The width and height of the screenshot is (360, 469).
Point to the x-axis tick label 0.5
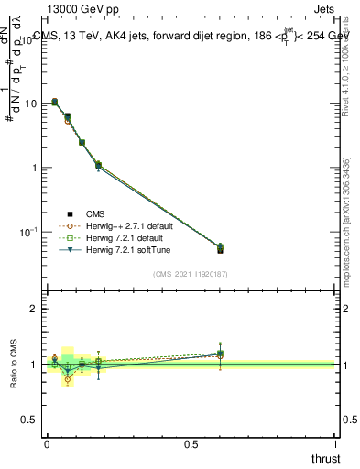[191, 444]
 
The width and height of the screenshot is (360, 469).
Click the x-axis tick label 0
[46, 444]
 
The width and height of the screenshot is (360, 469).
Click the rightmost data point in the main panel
[220, 248]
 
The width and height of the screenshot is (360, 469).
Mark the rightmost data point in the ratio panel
[220, 354]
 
